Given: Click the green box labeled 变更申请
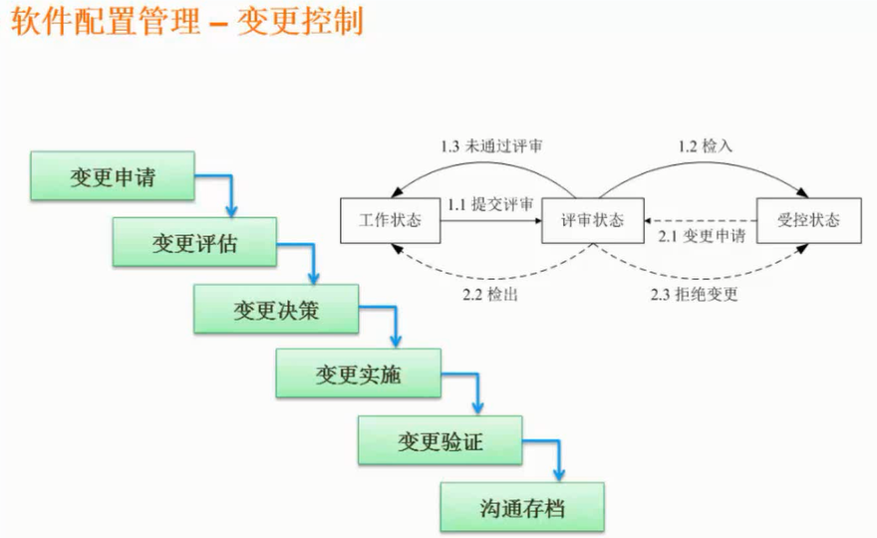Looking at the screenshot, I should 113,176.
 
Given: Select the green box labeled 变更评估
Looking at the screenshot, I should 194,243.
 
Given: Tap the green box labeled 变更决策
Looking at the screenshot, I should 276,309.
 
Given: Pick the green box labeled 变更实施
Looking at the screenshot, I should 358,375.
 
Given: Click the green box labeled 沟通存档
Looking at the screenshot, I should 522,507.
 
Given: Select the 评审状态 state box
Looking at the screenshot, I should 592,220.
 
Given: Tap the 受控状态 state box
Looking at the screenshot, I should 807,220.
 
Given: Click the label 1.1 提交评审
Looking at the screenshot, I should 490,203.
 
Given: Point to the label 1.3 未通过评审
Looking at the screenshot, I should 491,146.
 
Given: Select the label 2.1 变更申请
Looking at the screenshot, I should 701,237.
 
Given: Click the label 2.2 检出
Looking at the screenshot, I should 490,295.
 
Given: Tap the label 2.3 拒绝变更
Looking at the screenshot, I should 694,295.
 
